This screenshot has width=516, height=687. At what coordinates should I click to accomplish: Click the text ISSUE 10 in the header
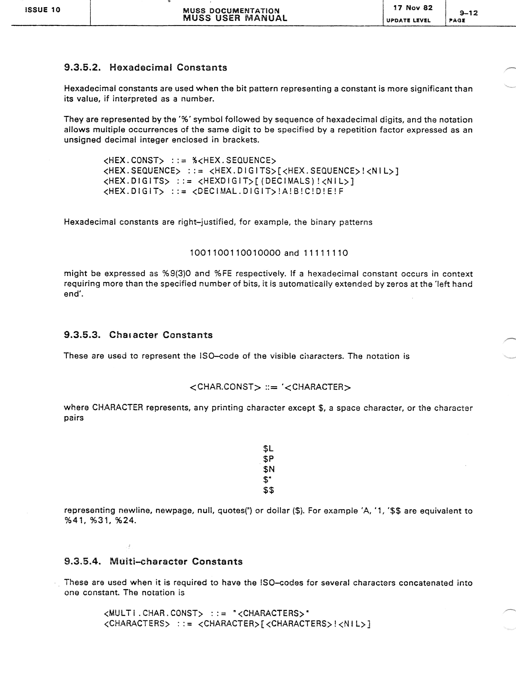point(43,10)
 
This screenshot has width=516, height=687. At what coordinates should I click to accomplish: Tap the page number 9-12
point(468,13)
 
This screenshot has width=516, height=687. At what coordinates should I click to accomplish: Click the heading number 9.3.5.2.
point(82,67)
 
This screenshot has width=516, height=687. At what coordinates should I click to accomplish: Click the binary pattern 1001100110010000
point(235,253)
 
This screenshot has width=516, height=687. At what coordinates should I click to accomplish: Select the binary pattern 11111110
point(326,253)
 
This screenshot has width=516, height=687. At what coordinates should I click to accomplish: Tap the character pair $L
point(268,448)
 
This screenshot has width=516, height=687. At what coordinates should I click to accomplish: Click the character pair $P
point(268,459)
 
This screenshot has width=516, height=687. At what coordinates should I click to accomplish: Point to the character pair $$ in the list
point(268,490)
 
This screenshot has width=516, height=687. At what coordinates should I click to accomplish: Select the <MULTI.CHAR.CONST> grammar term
point(153,613)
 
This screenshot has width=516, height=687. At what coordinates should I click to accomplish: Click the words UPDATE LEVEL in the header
point(408,20)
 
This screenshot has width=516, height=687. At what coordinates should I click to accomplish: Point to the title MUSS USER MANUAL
point(235,18)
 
